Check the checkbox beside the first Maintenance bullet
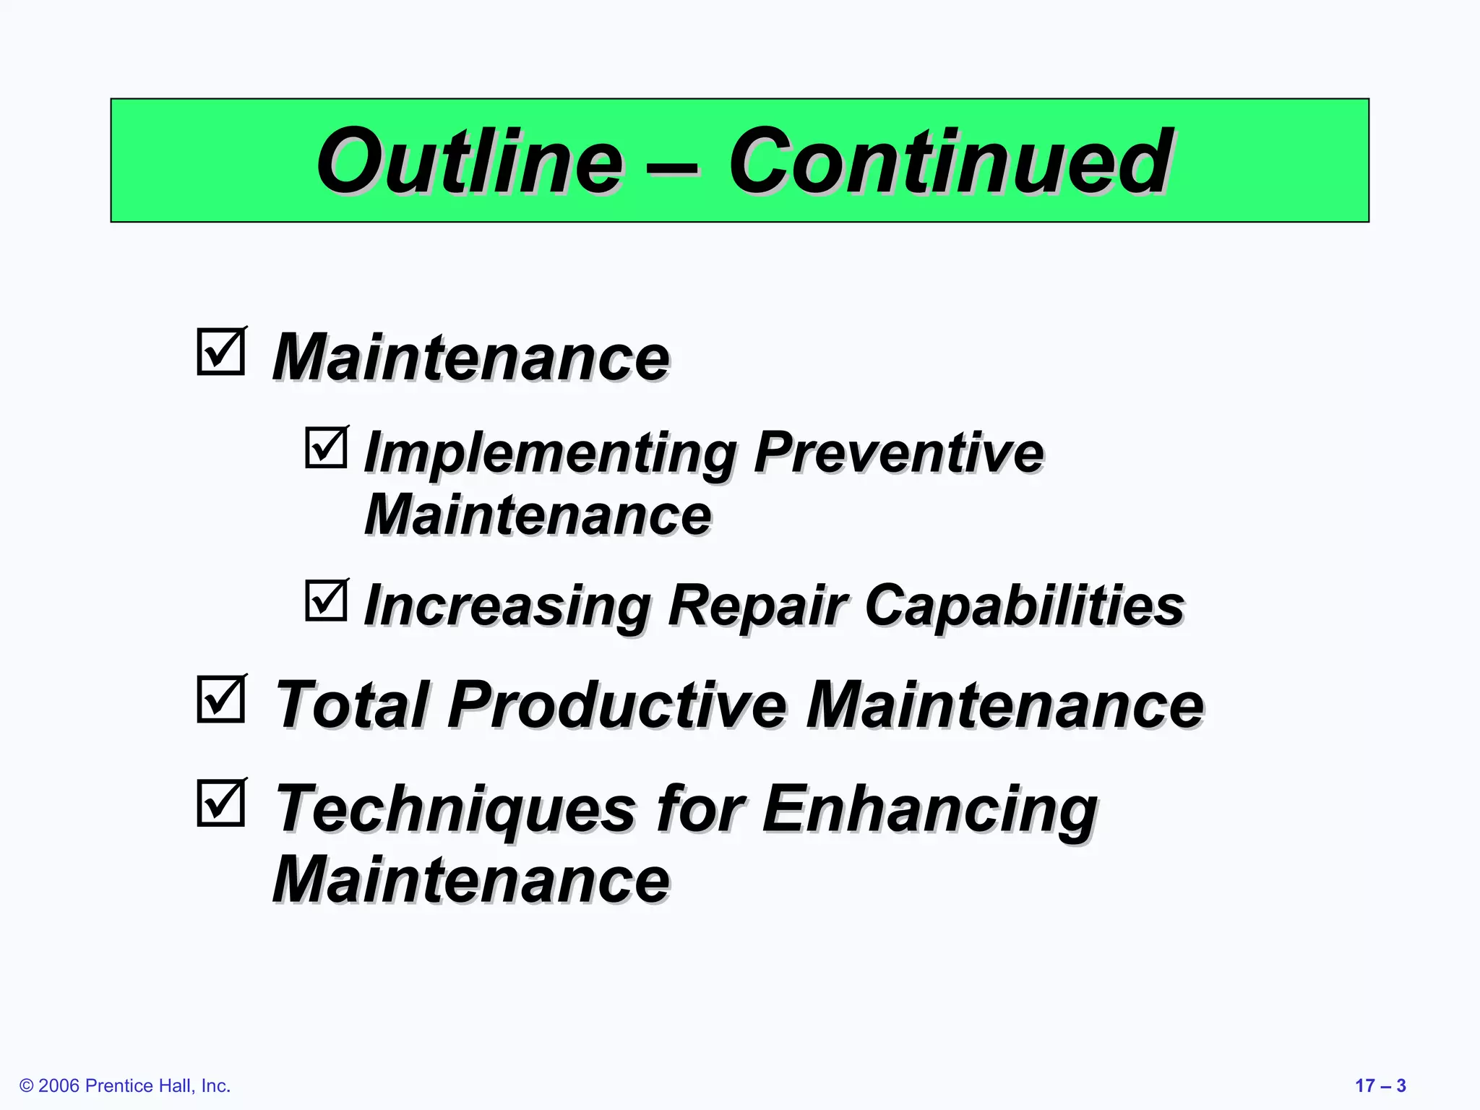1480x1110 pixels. click(221, 352)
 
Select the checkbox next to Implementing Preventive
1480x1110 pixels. click(326, 447)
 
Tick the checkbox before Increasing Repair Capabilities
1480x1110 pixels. click(326, 601)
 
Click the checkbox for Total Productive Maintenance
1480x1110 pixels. click(221, 699)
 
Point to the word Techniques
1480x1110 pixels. click(455, 809)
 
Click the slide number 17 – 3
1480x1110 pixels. click(1380, 1086)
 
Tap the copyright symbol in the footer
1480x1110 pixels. click(27, 1086)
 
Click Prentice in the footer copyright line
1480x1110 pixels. click(119, 1086)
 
